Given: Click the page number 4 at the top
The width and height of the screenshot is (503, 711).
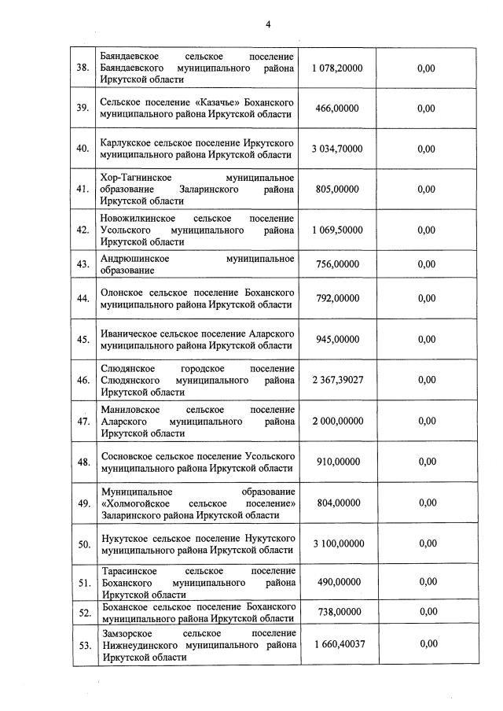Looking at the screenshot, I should coord(267,24).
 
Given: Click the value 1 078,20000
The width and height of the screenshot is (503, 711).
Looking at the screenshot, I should coord(337,68).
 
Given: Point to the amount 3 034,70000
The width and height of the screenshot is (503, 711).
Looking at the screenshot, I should coord(337,149).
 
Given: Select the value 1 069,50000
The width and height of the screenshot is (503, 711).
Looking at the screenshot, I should coord(337,230).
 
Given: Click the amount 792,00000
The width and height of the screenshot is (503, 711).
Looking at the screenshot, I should coord(337,298).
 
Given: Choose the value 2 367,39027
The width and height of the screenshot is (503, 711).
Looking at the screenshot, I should coord(337,380).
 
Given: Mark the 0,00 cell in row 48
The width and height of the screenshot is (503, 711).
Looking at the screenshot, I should coord(426,462).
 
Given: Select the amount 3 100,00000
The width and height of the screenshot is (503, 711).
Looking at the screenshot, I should coord(337,543).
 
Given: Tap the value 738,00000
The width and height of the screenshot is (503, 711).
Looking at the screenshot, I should coord(337,611).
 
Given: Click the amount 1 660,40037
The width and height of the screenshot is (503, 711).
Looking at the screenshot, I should coord(337,644).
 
